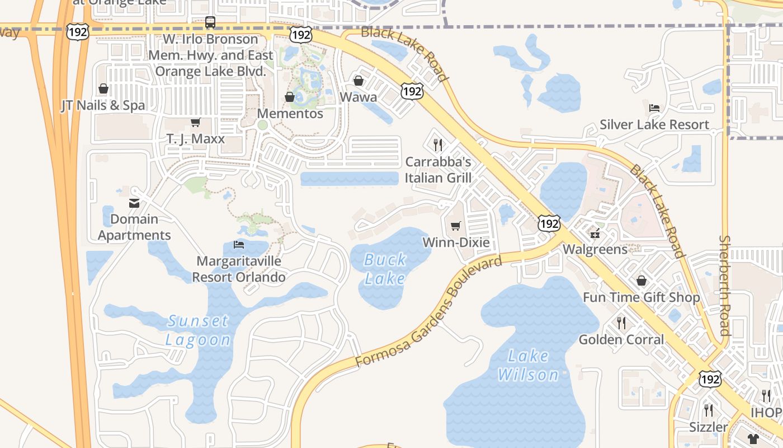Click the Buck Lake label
point(385,269)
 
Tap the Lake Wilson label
point(529,365)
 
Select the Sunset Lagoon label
point(198,330)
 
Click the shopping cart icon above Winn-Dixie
point(456,226)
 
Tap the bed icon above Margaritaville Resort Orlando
point(239,245)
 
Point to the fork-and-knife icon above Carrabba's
point(438,145)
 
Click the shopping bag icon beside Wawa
point(359,81)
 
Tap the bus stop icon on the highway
point(210,22)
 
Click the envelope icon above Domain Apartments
point(134,203)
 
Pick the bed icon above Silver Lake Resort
point(654,108)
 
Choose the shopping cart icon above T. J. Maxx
point(195,122)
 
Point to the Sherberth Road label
point(725,286)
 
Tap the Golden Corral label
point(621,339)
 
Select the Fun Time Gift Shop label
point(642,297)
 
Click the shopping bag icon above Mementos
point(290,97)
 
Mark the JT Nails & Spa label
point(103,105)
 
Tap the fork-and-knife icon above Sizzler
point(708,410)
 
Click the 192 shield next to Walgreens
point(549,223)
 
